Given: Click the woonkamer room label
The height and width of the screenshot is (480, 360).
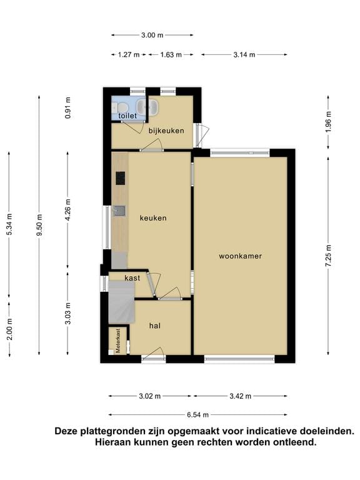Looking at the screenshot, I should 240,256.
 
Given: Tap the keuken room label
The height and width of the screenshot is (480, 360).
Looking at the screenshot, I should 153,218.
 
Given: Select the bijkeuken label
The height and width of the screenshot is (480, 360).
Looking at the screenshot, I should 166,131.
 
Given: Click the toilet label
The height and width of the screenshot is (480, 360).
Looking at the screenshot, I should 127,116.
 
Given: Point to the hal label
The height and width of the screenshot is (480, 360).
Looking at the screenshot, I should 155,326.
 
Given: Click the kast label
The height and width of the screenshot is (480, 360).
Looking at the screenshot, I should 132,278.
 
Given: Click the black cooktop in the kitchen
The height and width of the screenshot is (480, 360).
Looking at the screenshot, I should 120,179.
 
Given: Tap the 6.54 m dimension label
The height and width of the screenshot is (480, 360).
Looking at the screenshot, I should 197,414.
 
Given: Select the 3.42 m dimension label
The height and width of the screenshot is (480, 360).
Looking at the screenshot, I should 240,396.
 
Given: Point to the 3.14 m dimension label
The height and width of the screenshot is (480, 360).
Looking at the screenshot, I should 244,55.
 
